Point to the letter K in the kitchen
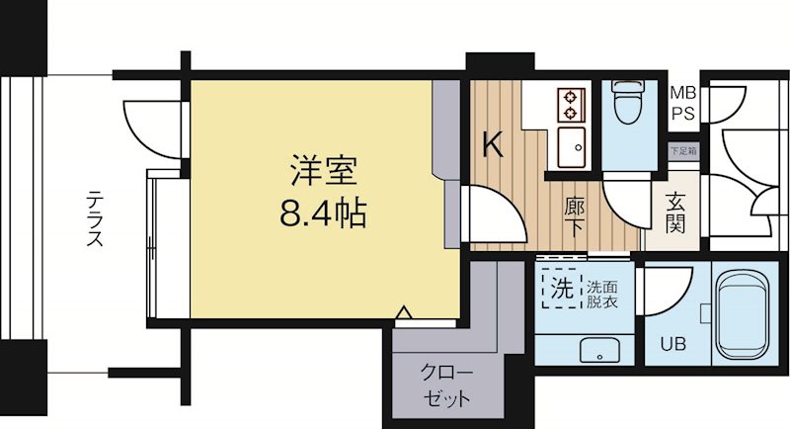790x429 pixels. click(493, 145)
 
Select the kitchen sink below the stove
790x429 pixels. click(572, 148)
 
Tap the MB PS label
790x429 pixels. click(682, 103)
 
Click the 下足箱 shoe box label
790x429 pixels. click(681, 152)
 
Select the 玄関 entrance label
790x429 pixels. click(676, 211)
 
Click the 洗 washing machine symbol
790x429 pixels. click(561, 291)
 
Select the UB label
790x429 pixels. click(672, 345)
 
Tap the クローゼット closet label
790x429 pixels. click(446, 387)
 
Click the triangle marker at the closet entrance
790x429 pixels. click(403, 315)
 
